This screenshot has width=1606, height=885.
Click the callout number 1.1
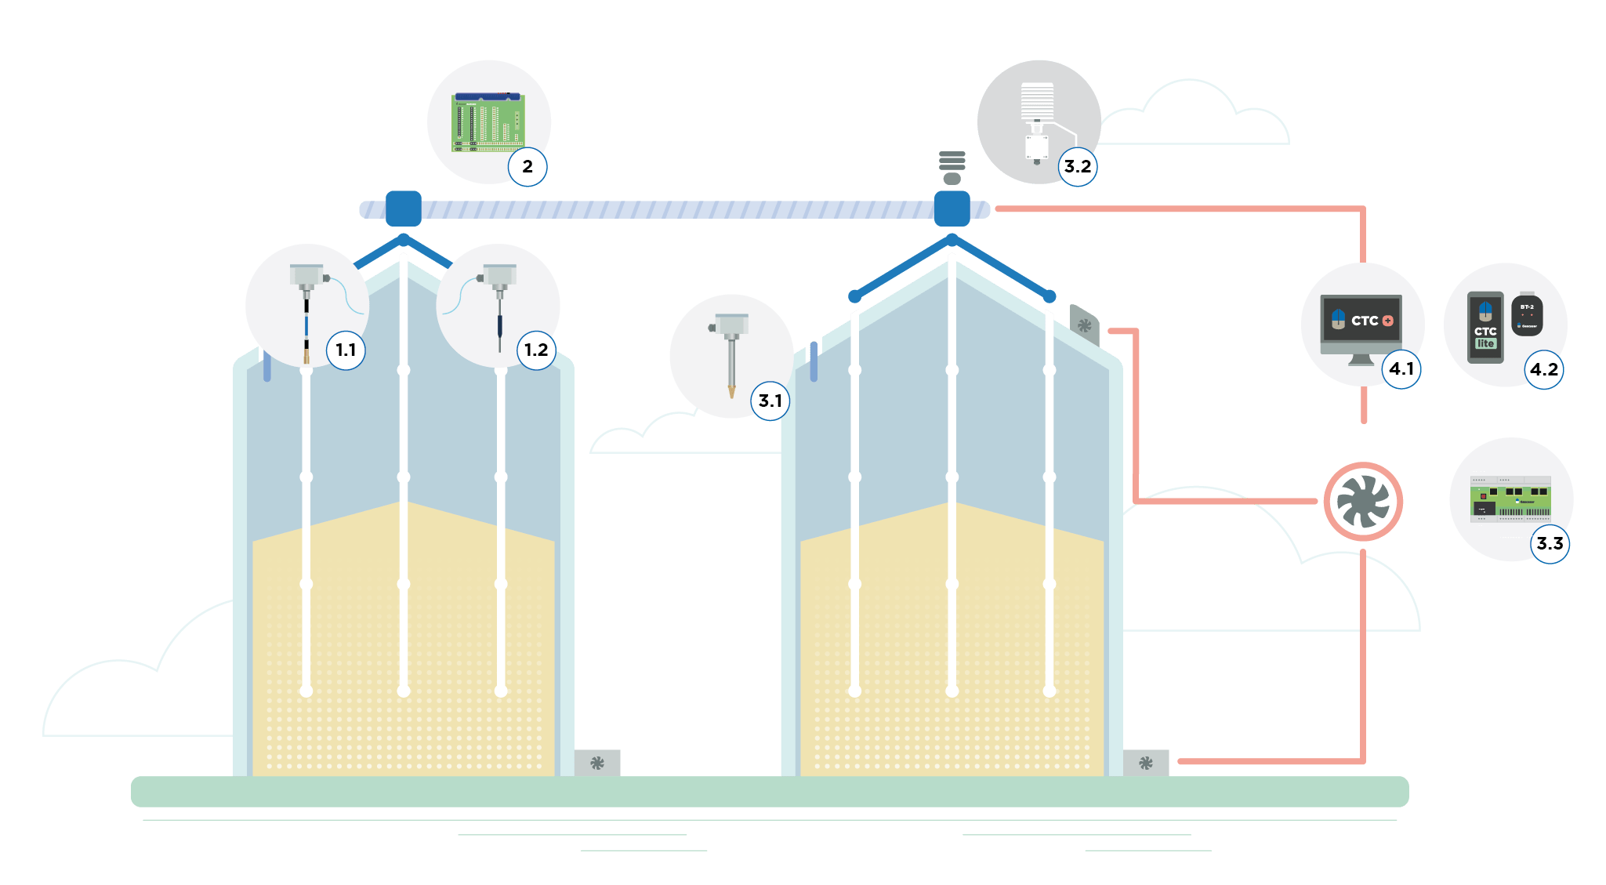tap(346, 350)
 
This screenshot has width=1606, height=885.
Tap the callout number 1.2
tap(536, 350)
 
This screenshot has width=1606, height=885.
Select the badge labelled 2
tap(527, 166)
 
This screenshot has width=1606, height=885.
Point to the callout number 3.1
tap(770, 401)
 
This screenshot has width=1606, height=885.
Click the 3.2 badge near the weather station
tap(1077, 166)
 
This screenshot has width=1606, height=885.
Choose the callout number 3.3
tap(1550, 543)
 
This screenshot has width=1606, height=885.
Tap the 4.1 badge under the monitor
tap(1401, 368)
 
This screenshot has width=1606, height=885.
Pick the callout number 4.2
tap(1544, 369)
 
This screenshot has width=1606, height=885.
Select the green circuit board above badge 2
tap(488, 122)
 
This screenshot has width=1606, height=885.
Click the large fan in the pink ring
tap(1363, 502)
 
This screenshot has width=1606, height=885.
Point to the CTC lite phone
tap(1485, 327)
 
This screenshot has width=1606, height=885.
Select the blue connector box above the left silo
tap(404, 209)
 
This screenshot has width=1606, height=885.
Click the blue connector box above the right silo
tap(952, 209)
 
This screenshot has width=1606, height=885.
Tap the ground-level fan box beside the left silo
tap(597, 763)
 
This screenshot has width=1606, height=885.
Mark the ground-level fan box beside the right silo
tap(1145, 763)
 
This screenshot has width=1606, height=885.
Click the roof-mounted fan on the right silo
tap(1085, 325)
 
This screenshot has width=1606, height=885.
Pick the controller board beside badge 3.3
tap(1510, 499)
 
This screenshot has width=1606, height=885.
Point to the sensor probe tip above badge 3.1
tap(732, 391)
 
